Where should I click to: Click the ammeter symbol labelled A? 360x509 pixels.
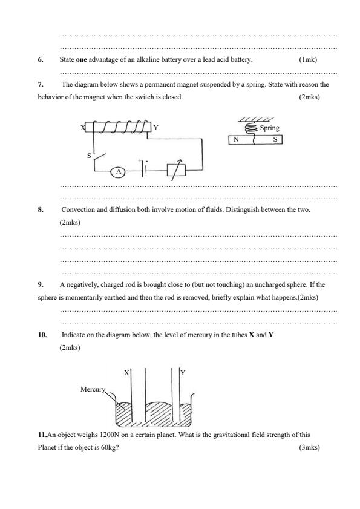point(119,172)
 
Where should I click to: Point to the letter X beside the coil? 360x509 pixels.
point(82,128)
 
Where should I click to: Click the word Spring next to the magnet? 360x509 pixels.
point(269,128)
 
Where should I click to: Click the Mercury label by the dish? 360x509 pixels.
point(93,389)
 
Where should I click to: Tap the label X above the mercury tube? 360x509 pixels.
point(126,373)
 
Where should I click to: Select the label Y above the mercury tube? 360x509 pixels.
point(183,373)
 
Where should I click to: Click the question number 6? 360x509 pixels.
point(41,59)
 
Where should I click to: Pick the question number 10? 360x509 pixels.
point(42,335)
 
